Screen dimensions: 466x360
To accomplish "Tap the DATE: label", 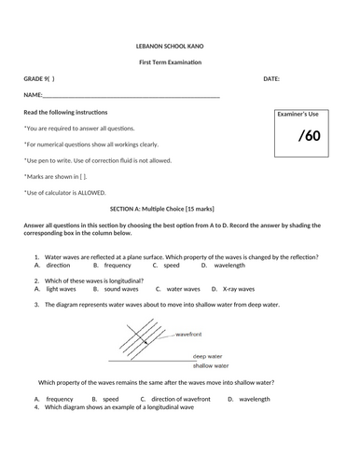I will [271, 79].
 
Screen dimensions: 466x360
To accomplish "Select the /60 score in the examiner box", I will [309, 137].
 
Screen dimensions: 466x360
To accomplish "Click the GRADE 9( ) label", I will [39, 79].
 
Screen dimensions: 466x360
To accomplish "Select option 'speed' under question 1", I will [171, 265].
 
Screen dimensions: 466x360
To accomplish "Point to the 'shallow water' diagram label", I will [213, 364].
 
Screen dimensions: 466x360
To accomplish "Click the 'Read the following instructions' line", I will [65, 112].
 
